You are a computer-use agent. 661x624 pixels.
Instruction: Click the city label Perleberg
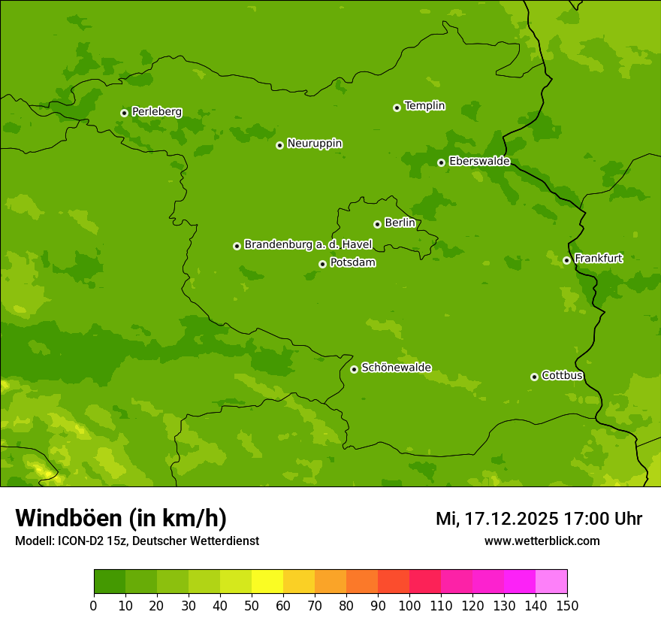tap(156, 112)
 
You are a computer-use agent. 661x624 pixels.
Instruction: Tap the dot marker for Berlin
tap(377, 224)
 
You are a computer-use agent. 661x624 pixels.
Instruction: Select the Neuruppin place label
tap(314, 144)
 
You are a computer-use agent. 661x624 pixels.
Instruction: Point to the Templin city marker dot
tap(397, 108)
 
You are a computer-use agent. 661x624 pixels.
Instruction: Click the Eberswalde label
tap(479, 162)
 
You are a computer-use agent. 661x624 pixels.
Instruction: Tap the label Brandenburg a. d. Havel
tap(308, 245)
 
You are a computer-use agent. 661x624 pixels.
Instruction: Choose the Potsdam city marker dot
tap(322, 264)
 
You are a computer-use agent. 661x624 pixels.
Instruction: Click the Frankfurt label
tap(598, 259)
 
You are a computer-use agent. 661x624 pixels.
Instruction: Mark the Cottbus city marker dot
tap(534, 377)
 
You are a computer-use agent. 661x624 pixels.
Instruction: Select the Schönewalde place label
tap(396, 368)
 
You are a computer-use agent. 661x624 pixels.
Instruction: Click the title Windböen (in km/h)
tap(121, 518)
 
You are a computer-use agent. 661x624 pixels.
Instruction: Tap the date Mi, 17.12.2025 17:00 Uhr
tap(539, 519)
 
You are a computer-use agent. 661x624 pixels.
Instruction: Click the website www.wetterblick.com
tap(542, 541)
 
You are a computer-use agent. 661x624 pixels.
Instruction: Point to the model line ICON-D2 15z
tap(137, 541)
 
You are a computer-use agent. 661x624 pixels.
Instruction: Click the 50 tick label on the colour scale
tap(252, 605)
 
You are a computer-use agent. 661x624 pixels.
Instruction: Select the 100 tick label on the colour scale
tap(409, 605)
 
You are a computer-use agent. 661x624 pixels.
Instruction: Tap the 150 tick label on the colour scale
tap(567, 605)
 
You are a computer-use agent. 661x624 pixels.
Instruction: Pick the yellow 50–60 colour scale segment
tap(267, 582)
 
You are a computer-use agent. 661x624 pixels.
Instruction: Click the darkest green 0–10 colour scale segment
tap(110, 582)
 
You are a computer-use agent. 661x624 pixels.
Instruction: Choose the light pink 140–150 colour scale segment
tap(551, 582)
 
